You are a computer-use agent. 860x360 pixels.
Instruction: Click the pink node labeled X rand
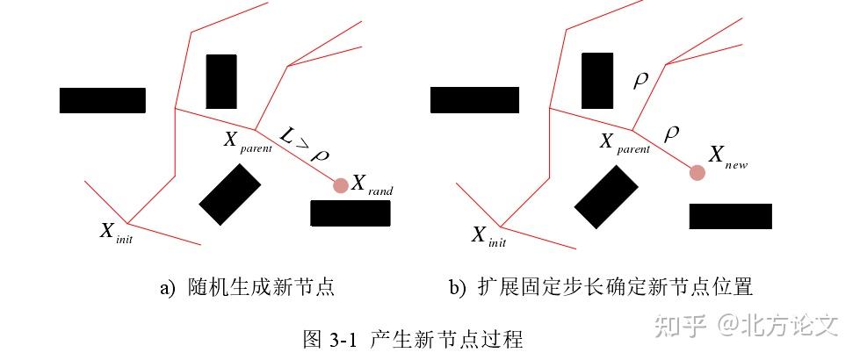pyautogui.click(x=340, y=184)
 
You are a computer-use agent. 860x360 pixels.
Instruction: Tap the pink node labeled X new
pyautogui.click(x=697, y=172)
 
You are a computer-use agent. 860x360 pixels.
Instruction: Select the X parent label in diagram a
pyautogui.click(x=248, y=141)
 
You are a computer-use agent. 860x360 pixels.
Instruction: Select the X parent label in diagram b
pyautogui.click(x=625, y=143)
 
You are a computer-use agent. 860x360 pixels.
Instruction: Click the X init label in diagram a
pyautogui.click(x=116, y=233)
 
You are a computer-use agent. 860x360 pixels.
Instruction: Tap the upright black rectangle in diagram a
pyautogui.click(x=220, y=82)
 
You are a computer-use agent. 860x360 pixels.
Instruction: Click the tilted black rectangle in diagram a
pyautogui.click(x=230, y=195)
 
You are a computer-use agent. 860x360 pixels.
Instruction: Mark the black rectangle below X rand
pyautogui.click(x=351, y=213)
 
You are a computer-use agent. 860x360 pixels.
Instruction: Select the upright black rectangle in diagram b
pyautogui.click(x=597, y=81)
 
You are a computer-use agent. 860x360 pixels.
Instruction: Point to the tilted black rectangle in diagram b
pyautogui.click(x=605, y=198)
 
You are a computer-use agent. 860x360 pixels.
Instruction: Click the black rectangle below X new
pyautogui.click(x=730, y=216)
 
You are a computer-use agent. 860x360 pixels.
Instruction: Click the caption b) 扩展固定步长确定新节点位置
pyautogui.click(x=601, y=287)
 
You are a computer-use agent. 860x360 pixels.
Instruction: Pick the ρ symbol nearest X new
pyautogui.click(x=672, y=133)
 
